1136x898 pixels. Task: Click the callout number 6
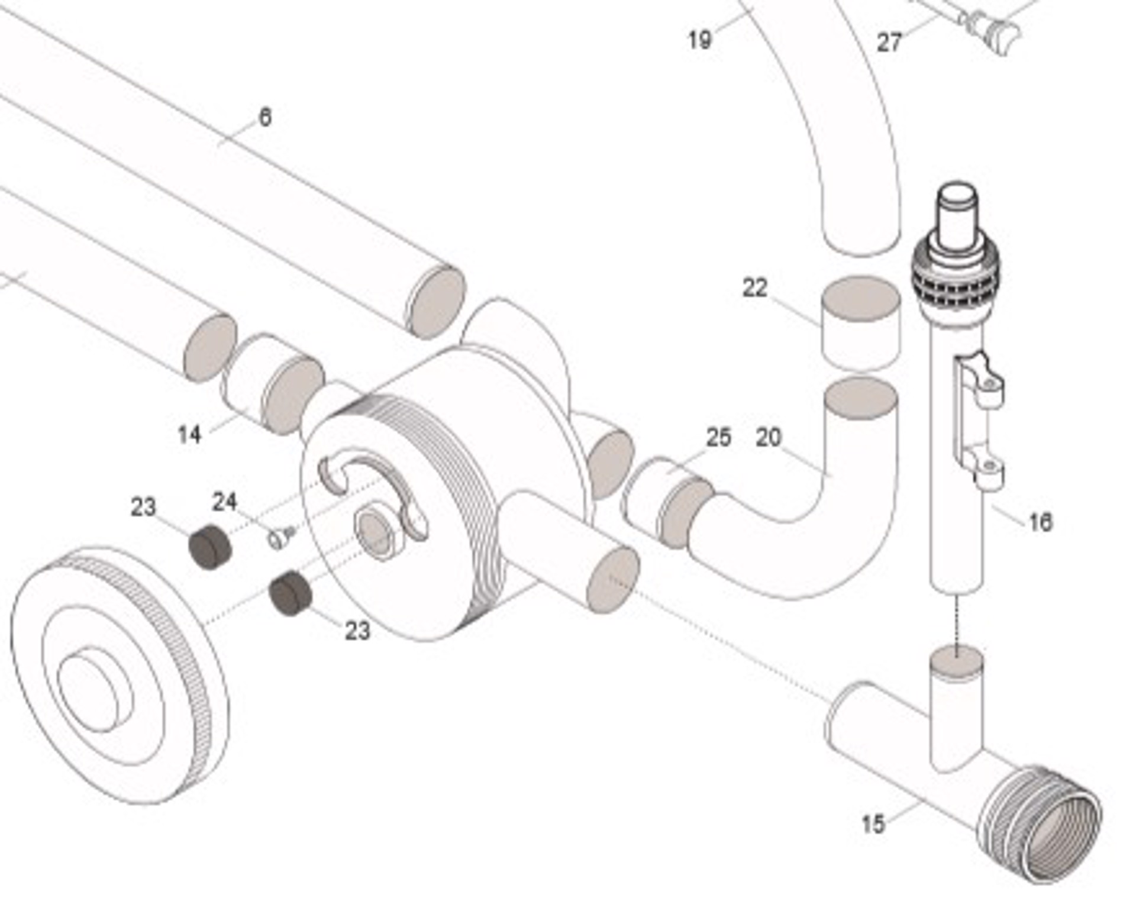[x=265, y=117]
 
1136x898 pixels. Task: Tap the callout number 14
[x=189, y=435]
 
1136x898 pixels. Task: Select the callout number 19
[x=699, y=40]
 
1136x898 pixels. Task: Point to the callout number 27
[x=889, y=42]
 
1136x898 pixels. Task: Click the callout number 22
[x=754, y=288]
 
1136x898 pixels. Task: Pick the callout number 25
[x=718, y=437]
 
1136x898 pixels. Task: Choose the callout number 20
[x=769, y=437]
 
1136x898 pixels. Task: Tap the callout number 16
[x=1041, y=522]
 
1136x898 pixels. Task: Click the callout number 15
[x=873, y=823]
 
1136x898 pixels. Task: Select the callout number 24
[x=225, y=502]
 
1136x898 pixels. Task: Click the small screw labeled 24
[x=280, y=537]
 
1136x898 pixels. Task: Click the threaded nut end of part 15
[x=1041, y=822]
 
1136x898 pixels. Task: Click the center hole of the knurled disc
[x=89, y=686]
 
